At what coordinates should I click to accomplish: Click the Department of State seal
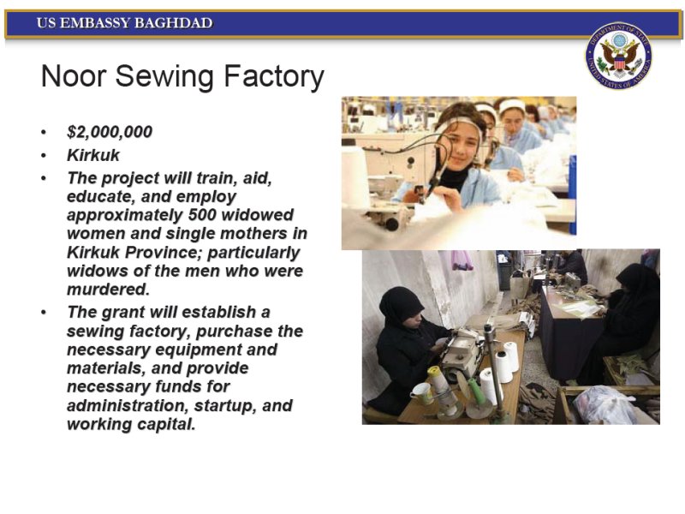tap(618, 56)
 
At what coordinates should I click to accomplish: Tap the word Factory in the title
tap(274, 77)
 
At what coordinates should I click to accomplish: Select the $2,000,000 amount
tap(110, 132)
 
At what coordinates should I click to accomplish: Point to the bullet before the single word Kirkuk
tap(44, 156)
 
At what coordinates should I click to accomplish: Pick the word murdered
tap(109, 290)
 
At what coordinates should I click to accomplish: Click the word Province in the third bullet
tap(164, 252)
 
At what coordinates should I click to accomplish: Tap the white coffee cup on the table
tap(421, 392)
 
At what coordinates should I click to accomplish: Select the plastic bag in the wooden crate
tap(605, 405)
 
